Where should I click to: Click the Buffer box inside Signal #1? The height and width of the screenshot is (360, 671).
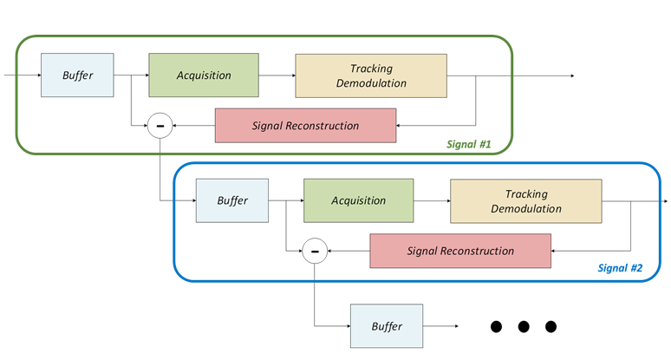click(x=78, y=75)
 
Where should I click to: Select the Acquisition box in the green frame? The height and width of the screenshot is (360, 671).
click(x=204, y=75)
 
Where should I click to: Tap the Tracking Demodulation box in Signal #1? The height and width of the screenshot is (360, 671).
click(x=371, y=75)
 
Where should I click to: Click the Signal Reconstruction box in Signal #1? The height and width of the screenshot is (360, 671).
click(x=305, y=126)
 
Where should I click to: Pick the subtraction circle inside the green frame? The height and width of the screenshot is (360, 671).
click(x=160, y=127)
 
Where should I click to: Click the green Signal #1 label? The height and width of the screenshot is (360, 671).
click(x=468, y=144)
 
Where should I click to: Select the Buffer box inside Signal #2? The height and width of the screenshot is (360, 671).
click(x=232, y=200)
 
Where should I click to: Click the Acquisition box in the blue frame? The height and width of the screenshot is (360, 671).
click(x=358, y=200)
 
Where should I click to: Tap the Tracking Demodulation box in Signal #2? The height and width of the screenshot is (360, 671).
click(x=526, y=201)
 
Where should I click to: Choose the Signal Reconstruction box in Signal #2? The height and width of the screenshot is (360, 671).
click(x=460, y=251)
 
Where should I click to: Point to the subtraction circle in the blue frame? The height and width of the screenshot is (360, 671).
click(x=315, y=252)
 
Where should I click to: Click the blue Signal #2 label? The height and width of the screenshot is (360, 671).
click(x=620, y=268)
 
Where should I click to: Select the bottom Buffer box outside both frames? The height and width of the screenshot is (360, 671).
click(x=386, y=326)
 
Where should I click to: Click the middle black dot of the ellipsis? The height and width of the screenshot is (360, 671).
click(x=524, y=327)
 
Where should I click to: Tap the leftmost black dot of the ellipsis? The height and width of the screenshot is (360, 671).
click(x=496, y=327)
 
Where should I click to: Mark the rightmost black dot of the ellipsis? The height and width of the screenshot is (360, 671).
click(x=550, y=327)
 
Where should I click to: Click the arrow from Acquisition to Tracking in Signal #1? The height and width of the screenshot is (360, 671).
click(x=277, y=75)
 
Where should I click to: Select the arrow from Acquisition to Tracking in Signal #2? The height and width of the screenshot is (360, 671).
click(x=431, y=200)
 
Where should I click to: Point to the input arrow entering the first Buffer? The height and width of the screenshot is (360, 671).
click(x=22, y=75)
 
